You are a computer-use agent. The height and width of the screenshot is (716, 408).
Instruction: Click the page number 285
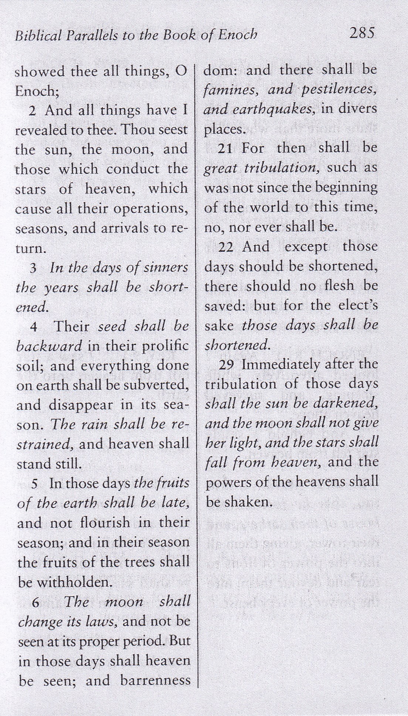coord(362,33)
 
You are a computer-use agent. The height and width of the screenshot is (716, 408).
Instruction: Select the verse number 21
coord(225,148)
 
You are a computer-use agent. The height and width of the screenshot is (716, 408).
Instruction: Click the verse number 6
coord(35,603)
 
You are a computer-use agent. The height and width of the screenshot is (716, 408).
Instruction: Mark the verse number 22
coord(226,247)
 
